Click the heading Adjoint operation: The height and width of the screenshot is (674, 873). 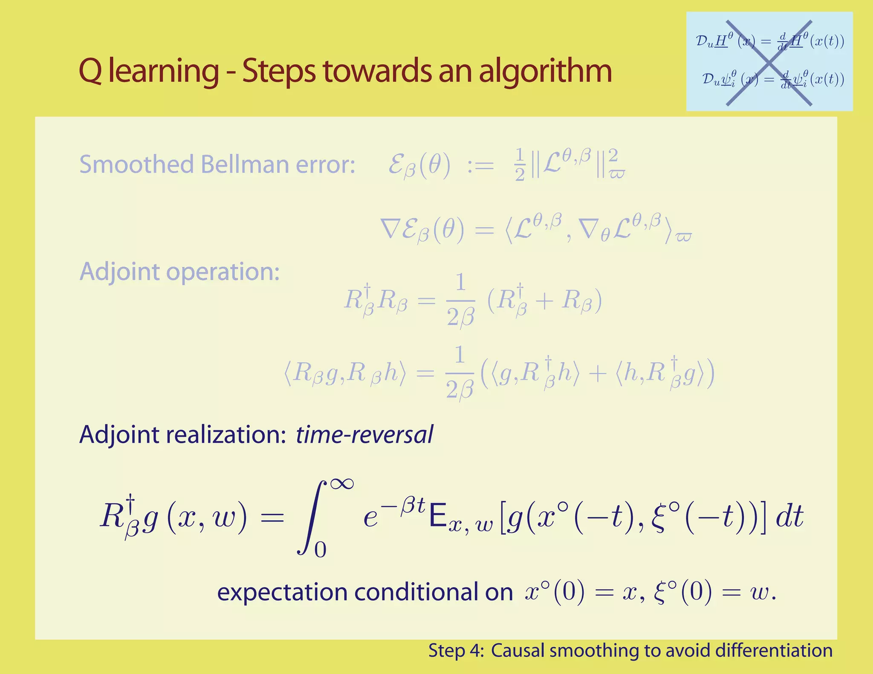point(179,271)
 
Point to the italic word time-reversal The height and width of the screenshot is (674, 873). point(364,435)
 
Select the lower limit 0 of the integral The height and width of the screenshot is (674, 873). point(320,550)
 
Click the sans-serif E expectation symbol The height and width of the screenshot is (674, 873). point(438,516)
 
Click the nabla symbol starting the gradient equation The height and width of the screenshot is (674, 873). point(390,230)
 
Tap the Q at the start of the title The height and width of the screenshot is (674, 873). point(90,72)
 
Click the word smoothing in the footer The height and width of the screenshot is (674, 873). point(598,651)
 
